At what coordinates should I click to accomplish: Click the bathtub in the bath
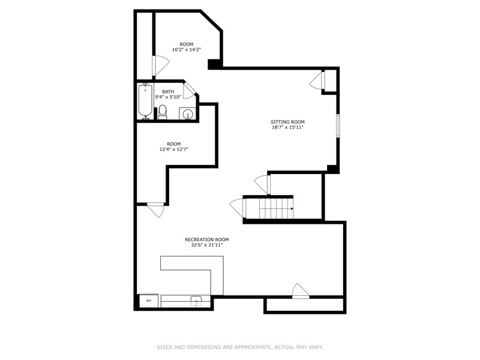tap(145, 101)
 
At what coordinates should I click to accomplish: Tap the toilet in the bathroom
tap(163, 112)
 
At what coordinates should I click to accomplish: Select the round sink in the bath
tap(187, 115)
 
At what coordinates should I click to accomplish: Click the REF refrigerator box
tap(149, 301)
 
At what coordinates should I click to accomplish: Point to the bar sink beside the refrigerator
tap(196, 301)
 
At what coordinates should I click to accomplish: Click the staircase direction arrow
tap(292, 209)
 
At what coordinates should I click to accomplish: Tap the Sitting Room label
tap(287, 122)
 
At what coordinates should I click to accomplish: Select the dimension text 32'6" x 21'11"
tap(207, 245)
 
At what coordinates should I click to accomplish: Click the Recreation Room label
tap(207, 239)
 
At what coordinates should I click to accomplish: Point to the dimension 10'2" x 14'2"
tap(187, 50)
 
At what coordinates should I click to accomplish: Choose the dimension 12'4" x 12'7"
tap(174, 149)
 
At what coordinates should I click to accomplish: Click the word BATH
tap(168, 92)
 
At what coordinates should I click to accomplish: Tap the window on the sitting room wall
tap(338, 125)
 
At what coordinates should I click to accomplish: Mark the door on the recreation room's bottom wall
tap(301, 291)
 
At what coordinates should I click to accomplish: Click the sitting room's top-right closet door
tap(317, 80)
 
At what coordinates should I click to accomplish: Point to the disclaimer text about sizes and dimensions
tap(239, 347)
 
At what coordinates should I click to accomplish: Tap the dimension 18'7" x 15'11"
tap(287, 127)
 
